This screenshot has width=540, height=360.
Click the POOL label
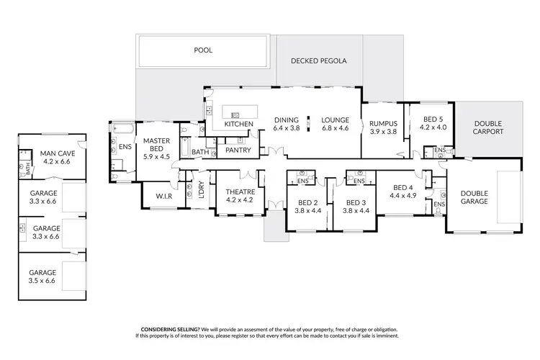tap(204, 50)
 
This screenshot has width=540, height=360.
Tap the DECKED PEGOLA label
tap(318, 61)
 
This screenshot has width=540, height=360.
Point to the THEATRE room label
tap(240, 191)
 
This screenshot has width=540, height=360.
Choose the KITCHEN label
tap(238, 125)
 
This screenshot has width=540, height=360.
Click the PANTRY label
tap(238, 150)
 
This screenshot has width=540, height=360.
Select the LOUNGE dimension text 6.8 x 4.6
tap(335, 128)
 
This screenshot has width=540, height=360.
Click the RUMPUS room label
tap(383, 123)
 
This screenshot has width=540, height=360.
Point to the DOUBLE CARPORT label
tap(487, 127)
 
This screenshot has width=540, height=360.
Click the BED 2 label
tap(307, 203)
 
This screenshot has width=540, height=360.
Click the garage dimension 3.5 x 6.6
tap(42, 281)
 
